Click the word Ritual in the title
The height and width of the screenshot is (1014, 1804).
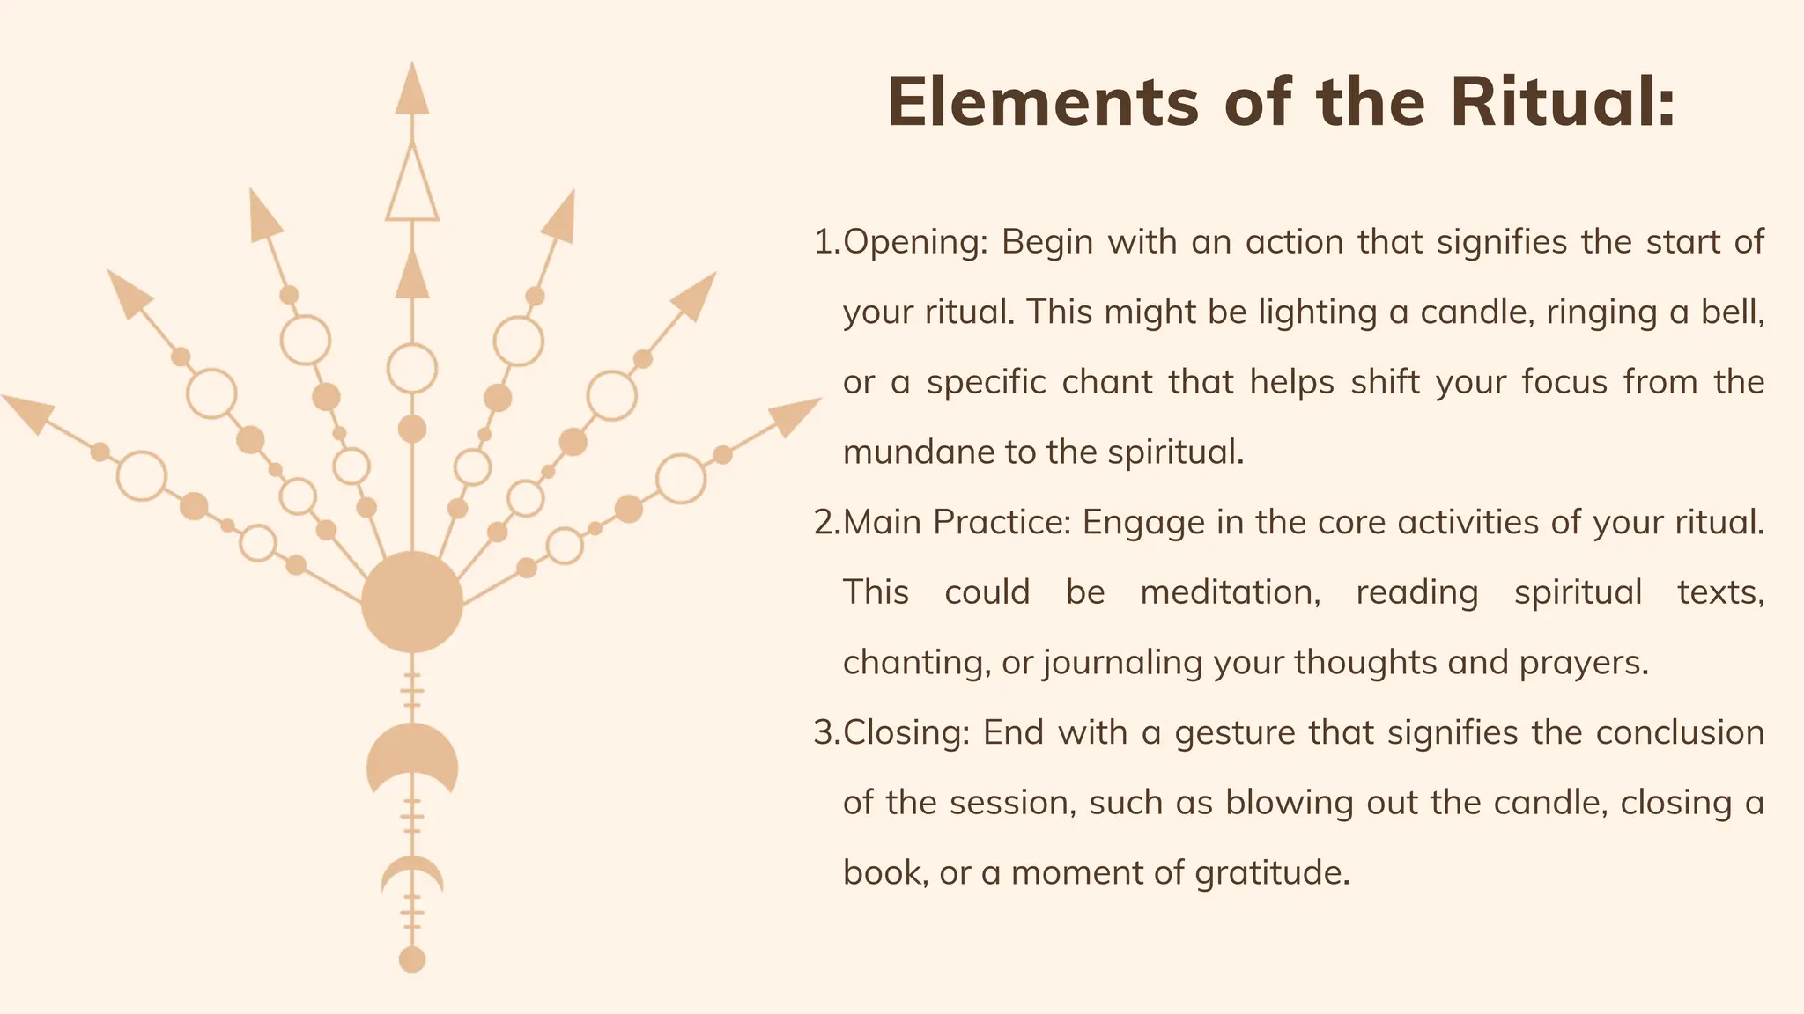pyautogui.click(x=1563, y=102)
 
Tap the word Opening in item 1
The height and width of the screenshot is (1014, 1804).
pyautogui.click(x=914, y=243)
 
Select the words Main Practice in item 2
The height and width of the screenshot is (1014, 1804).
pyautogui.click(x=957, y=523)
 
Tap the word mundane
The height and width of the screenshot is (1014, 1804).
pyautogui.click(x=916, y=452)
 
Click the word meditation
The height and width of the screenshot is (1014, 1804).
pyautogui.click(x=1230, y=592)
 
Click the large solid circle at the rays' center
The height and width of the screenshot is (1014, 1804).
pyautogui.click(x=412, y=602)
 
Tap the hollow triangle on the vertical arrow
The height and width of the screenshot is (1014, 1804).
pyautogui.click(x=412, y=187)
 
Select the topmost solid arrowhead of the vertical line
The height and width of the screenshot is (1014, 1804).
pyautogui.click(x=412, y=90)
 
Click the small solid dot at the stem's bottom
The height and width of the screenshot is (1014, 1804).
pyautogui.click(x=412, y=959)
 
